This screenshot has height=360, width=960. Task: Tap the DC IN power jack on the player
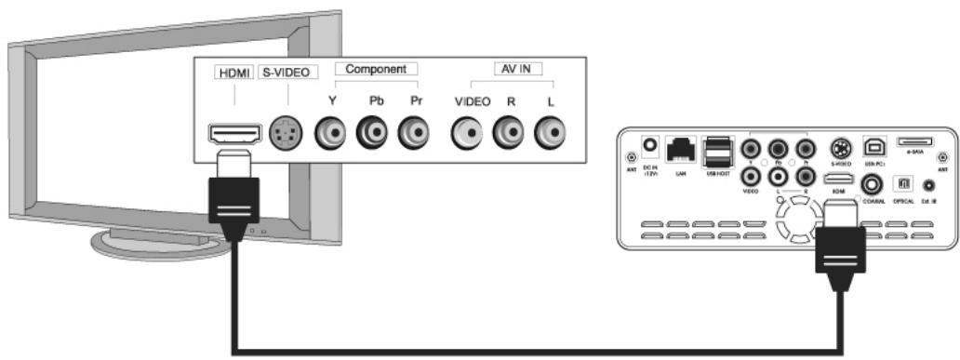(652, 146)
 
